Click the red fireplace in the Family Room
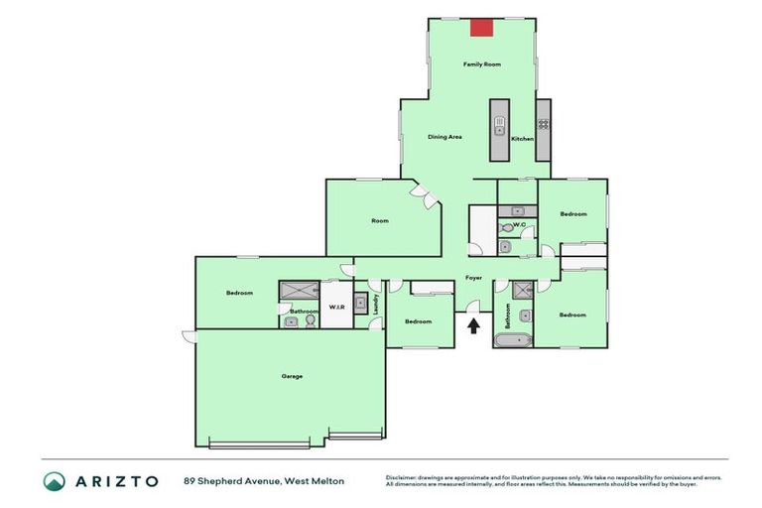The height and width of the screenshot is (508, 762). click(482, 27)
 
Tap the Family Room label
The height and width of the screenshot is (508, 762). click(482, 63)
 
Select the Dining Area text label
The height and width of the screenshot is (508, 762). click(444, 137)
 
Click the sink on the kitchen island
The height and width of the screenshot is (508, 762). click(501, 129)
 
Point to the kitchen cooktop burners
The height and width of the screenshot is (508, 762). click(544, 125)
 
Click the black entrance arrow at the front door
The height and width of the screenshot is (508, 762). click(474, 324)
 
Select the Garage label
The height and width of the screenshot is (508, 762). click(292, 376)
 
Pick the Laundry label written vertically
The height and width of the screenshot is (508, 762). click(377, 305)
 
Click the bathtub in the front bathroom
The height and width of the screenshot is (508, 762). click(513, 341)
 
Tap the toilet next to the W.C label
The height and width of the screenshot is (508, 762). click(507, 226)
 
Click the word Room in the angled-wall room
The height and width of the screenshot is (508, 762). click(379, 220)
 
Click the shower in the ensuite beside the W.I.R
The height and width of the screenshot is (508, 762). click(297, 290)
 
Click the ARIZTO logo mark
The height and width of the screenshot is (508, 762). click(56, 481)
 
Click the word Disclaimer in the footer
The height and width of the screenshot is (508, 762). click(403, 477)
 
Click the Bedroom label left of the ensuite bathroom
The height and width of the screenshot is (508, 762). click(239, 293)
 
